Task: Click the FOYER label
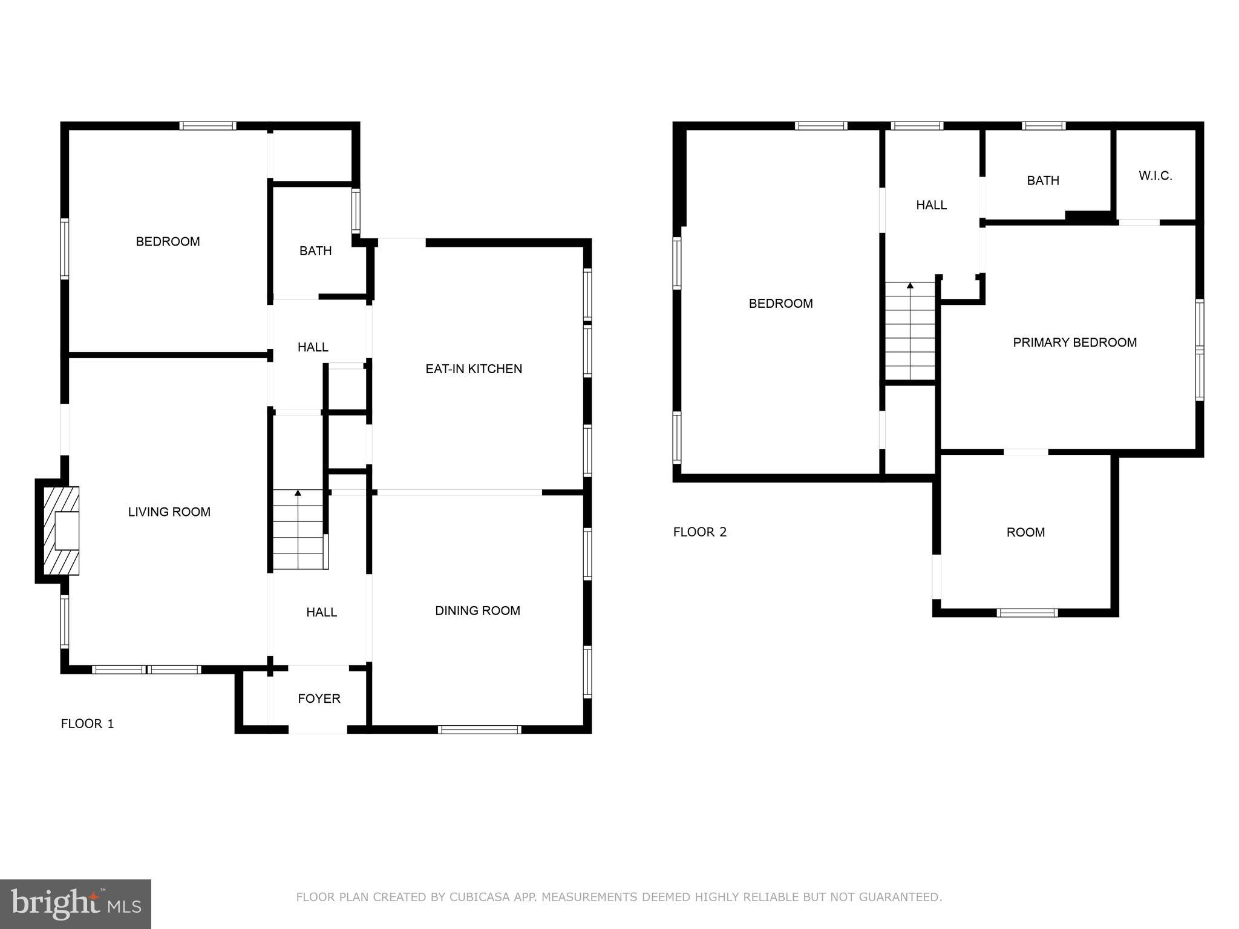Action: tap(319, 699)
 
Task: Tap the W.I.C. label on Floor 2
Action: tap(1155, 176)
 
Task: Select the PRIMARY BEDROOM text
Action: tap(1074, 342)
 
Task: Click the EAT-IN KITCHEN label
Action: tap(473, 369)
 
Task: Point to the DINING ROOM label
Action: tap(477, 611)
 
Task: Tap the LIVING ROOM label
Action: tap(169, 512)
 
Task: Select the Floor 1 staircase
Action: tap(298, 530)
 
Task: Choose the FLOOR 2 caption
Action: tap(699, 532)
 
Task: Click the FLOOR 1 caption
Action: tap(87, 724)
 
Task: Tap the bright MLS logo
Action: tap(75, 904)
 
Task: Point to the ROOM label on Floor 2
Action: tap(1025, 533)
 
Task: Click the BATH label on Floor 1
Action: tap(315, 251)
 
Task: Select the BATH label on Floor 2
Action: tap(1043, 181)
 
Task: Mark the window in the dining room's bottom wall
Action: tap(479, 730)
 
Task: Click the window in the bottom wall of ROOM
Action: tap(1027, 613)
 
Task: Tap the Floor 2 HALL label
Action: tap(931, 206)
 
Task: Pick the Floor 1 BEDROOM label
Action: tap(168, 242)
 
